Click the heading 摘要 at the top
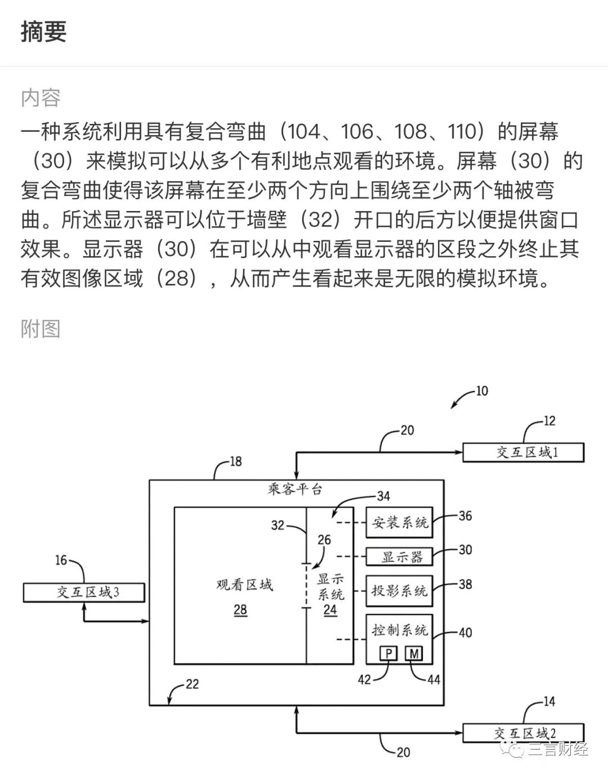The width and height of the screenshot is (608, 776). (44, 32)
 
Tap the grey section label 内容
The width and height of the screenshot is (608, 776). (41, 98)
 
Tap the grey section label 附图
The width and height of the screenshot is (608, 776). (41, 329)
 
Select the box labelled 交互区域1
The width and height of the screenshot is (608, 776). (523, 452)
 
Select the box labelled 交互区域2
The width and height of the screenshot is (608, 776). (523, 733)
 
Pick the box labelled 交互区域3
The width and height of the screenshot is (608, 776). (84, 593)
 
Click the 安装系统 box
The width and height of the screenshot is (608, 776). (400, 523)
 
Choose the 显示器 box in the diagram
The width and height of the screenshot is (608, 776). (400, 557)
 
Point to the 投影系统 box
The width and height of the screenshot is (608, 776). (400, 591)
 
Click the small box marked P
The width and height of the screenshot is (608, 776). (389, 653)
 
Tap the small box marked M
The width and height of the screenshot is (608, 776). (414, 653)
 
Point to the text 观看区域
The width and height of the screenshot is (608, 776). (244, 585)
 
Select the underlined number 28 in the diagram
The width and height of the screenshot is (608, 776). (240, 610)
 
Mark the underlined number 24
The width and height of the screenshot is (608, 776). (330, 610)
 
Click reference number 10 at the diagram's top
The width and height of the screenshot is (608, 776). (482, 391)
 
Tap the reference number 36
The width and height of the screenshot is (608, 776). (465, 515)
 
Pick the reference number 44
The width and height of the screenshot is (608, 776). (433, 680)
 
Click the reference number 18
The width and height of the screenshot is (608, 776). (235, 461)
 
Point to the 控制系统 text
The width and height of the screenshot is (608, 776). (400, 630)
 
